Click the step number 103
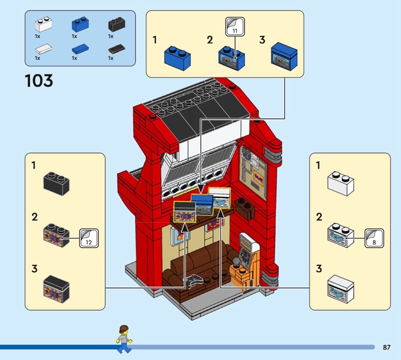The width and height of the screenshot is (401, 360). tap(39, 80)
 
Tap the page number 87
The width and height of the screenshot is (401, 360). tap(386, 347)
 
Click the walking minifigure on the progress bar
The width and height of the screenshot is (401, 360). tap(122, 337)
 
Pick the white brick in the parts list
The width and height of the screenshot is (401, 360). tap(43, 25)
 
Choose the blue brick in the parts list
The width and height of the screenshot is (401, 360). tap(79, 25)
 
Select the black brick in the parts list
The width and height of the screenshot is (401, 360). tap(116, 25)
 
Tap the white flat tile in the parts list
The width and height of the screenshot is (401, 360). tap(43, 49)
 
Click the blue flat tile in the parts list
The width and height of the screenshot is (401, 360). tap(79, 49)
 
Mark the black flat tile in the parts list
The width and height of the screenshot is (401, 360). tap(116, 49)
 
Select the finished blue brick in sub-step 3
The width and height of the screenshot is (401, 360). tap(284, 57)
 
